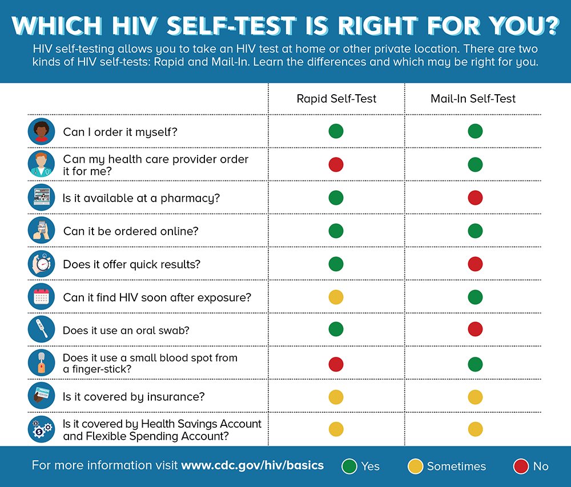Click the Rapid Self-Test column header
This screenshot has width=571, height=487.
tap(336, 99)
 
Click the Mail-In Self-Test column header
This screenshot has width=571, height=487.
tap(473, 99)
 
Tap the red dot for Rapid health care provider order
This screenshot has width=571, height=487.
tap(336, 165)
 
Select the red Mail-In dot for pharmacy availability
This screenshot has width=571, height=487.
tap(475, 198)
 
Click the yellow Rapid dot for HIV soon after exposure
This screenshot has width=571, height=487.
tap(336, 297)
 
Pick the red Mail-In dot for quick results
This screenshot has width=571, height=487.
tap(475, 264)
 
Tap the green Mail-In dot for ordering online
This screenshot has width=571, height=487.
tap(475, 231)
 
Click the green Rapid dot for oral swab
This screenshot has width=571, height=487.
tap(336, 329)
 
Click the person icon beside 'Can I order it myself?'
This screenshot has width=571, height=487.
tap(42, 132)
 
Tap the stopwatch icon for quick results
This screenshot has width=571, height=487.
tap(42, 264)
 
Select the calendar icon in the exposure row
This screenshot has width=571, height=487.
tap(42, 297)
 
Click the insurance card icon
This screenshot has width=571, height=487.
tap(42, 396)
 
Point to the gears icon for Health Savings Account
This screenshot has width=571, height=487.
tap(42, 429)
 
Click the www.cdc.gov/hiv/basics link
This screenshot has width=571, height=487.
tap(252, 465)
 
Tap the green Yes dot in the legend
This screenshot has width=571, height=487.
tap(350, 466)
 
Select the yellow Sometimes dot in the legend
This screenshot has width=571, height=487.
tap(416, 466)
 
